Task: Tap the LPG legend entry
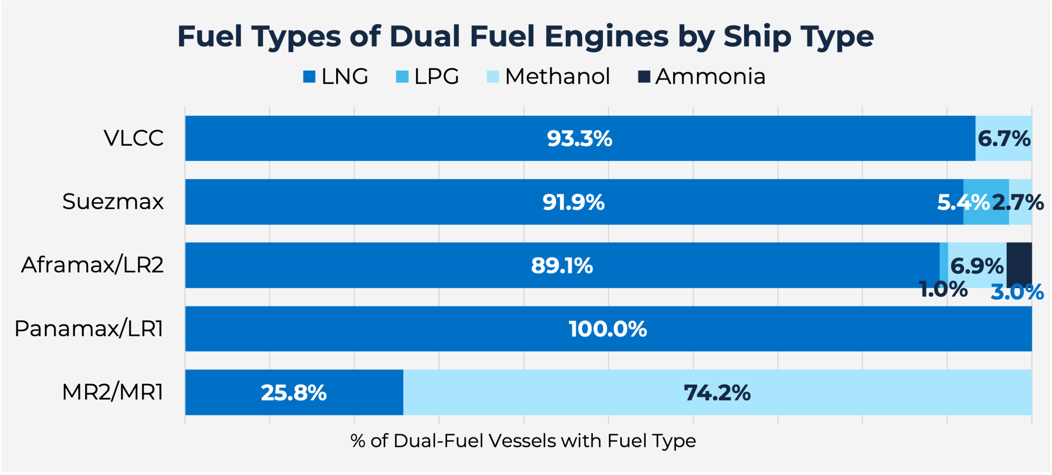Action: click(x=427, y=76)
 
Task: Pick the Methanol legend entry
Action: click(x=548, y=76)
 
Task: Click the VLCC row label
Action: click(x=134, y=138)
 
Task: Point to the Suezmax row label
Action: click(x=113, y=202)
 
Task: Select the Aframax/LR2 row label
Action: click(x=92, y=265)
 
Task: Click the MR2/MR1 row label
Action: click(x=113, y=392)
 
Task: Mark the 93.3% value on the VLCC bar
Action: click(x=579, y=138)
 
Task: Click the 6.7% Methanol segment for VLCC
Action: click(x=1004, y=138)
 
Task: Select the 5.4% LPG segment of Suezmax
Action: click(x=986, y=202)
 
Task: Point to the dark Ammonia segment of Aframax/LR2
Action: click(x=1019, y=263)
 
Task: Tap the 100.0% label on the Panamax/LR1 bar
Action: click(x=608, y=329)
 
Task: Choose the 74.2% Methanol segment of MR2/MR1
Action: click(x=717, y=392)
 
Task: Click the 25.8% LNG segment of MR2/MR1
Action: click(x=293, y=392)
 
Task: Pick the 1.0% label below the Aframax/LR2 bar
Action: click(x=943, y=289)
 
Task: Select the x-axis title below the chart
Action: click(x=523, y=441)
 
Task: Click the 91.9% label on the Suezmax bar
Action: click(x=573, y=202)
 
